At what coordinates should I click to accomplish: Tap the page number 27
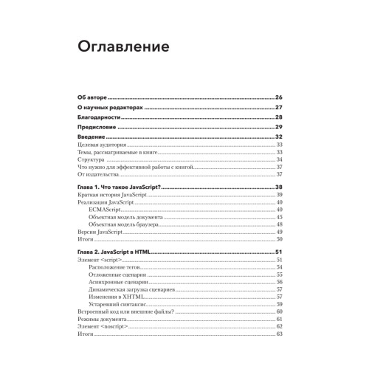[280, 108]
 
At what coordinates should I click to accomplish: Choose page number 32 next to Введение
[280, 138]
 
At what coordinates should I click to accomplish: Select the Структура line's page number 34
[280, 160]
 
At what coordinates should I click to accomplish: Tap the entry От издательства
[98, 175]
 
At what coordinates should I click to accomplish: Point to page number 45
[280, 217]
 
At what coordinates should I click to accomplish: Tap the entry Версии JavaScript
[99, 232]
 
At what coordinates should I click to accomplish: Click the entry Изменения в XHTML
[113, 296]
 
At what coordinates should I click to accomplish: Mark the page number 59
[280, 303]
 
